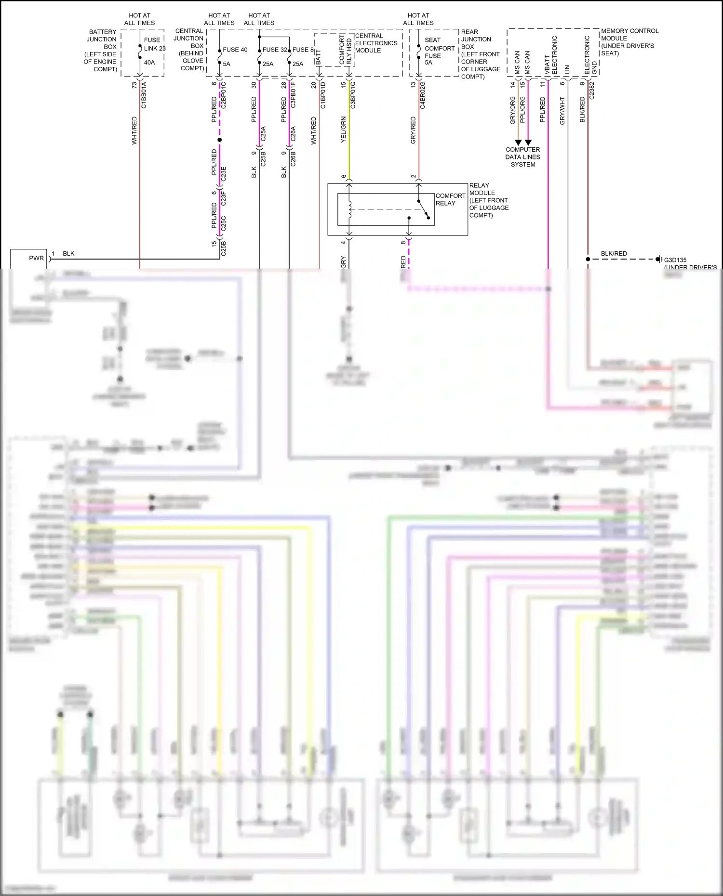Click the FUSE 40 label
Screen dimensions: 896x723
(x=235, y=50)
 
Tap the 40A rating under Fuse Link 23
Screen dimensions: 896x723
(x=149, y=62)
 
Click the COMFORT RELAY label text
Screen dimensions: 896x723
(x=450, y=199)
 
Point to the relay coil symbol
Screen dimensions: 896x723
(x=350, y=209)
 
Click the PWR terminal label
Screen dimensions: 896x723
(x=36, y=258)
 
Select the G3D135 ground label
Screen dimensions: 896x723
(x=675, y=260)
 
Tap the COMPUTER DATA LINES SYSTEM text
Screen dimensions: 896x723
(x=522, y=157)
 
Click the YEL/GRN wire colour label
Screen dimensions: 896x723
(x=344, y=130)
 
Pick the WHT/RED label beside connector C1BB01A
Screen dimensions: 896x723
(x=134, y=130)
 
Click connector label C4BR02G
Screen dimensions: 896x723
(x=423, y=95)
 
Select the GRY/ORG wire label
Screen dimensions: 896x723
(x=513, y=110)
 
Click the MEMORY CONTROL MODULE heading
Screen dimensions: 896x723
(x=629, y=42)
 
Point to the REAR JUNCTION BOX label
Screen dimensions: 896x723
(x=480, y=54)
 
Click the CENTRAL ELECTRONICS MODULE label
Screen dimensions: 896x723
(x=376, y=43)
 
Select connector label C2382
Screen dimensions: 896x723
(x=592, y=91)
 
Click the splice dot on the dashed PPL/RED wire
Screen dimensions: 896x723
(x=219, y=140)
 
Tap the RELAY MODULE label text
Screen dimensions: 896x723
(x=489, y=200)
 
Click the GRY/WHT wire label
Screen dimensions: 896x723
(x=562, y=111)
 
